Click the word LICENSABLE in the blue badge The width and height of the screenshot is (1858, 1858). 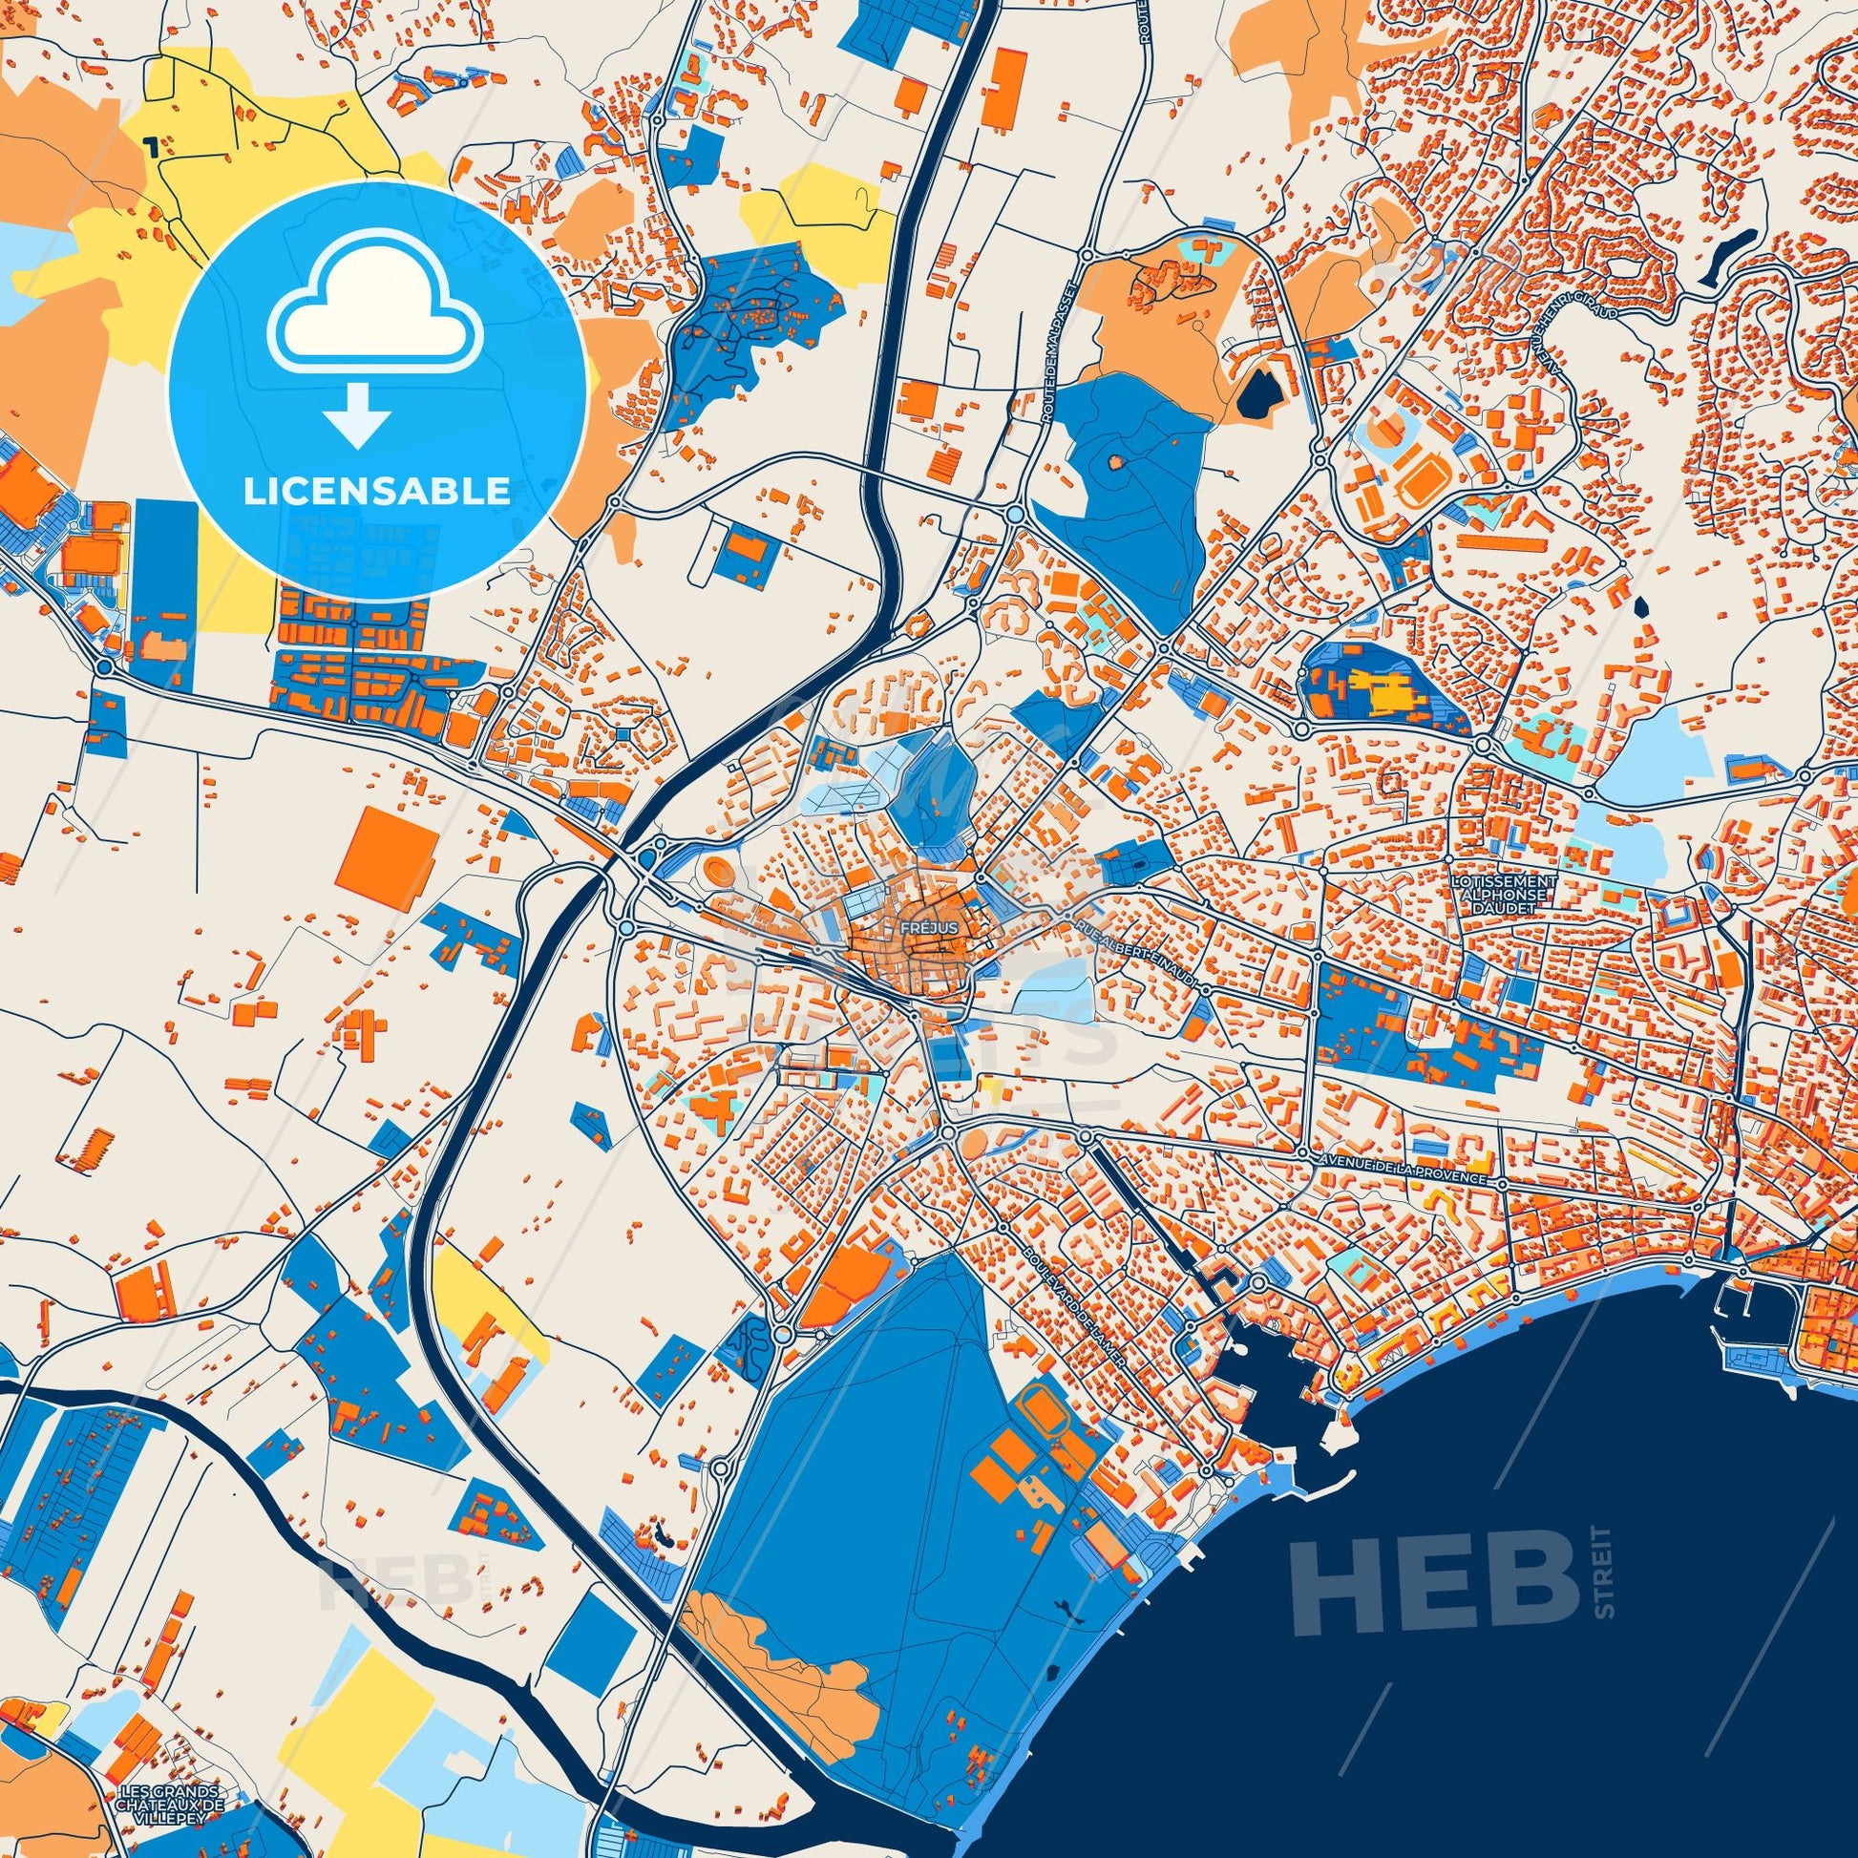pyautogui.click(x=376, y=492)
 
